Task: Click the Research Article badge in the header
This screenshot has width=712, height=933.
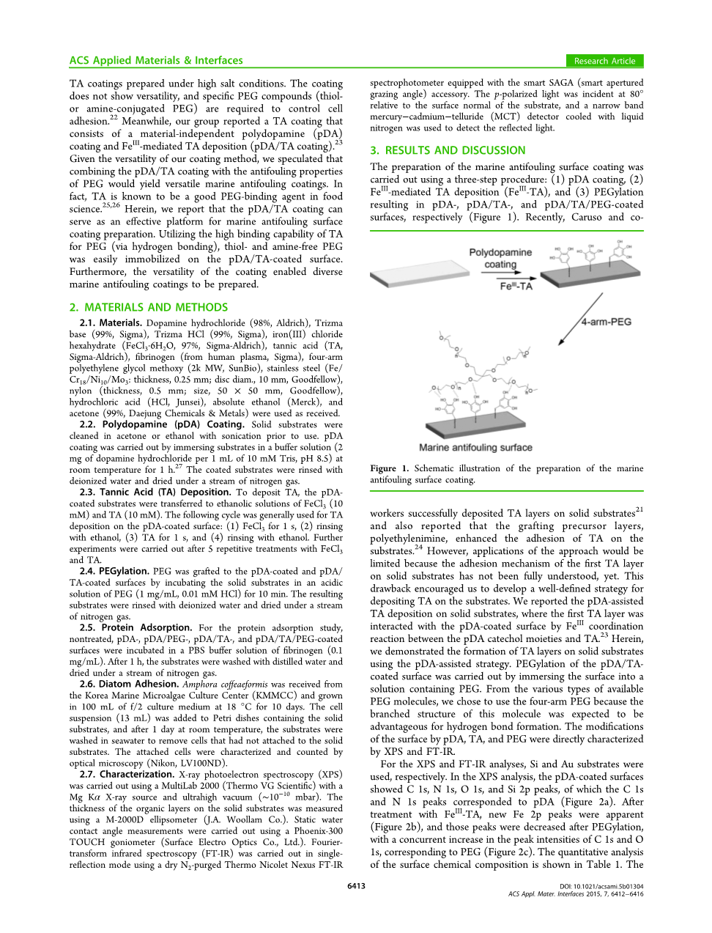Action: point(604,61)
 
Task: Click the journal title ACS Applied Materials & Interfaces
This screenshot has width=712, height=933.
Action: point(156,61)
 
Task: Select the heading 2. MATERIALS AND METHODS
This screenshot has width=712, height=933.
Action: point(149,307)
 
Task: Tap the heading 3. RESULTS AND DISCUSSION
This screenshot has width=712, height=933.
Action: point(448,150)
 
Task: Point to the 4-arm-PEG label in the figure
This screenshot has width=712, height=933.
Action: point(606,322)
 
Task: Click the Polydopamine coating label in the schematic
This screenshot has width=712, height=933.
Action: point(500,258)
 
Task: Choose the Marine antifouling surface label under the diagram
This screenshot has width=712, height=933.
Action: point(475,447)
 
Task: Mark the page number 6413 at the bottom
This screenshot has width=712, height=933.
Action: point(356,886)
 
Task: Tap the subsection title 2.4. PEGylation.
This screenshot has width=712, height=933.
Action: point(114,571)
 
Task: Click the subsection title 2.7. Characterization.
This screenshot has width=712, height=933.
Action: point(127,774)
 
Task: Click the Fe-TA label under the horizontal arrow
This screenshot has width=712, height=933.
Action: point(516,286)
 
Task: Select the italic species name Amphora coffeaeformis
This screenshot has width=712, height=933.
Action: point(225,684)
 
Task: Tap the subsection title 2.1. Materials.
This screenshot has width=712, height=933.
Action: point(111,322)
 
